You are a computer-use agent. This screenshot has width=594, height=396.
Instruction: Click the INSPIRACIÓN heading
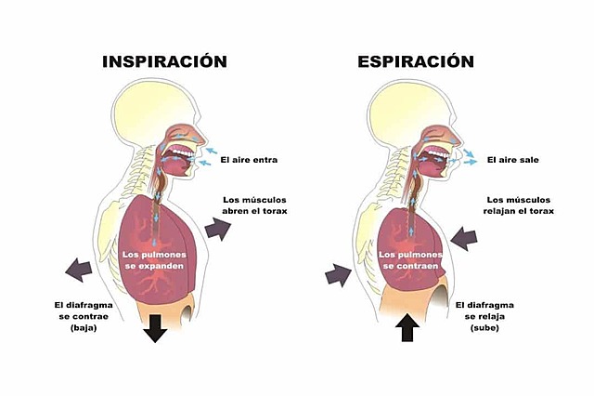coord(165,62)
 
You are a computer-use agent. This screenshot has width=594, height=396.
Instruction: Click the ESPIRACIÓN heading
coord(416,62)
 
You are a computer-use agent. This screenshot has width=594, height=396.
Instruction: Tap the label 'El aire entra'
coord(250,160)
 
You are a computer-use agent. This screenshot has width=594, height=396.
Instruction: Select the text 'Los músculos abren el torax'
coord(255,205)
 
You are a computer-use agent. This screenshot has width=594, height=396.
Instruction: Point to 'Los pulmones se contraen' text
coord(406,259)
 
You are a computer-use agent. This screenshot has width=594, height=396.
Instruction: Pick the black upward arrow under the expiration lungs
coord(407,326)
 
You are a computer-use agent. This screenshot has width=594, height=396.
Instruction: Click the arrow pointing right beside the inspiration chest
coord(218,228)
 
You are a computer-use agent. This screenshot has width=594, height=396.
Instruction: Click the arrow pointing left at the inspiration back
coord(79,271)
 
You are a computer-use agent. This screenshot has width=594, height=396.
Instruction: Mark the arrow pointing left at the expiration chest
coord(463,239)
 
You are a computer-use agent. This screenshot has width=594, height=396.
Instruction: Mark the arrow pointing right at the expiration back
coord(339,273)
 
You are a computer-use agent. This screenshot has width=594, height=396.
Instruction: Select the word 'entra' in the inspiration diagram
coord(265,160)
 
